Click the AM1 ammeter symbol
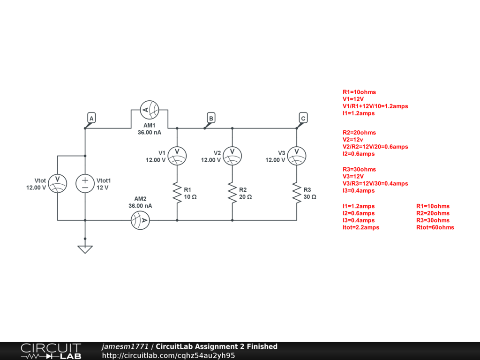[x=149, y=110]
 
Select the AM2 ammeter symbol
[x=140, y=220]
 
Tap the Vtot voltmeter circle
[x=57, y=183]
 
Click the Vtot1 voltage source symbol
[x=85, y=183]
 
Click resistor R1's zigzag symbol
[x=177, y=193]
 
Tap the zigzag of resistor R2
[x=232, y=193]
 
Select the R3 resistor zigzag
[x=296, y=193]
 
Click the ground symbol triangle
[x=85, y=249]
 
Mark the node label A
[x=91, y=119]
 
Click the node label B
[x=211, y=119]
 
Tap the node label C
[x=303, y=119]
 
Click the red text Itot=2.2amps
[x=361, y=227]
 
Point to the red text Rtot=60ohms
[x=435, y=227]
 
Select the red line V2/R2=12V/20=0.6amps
[x=375, y=147]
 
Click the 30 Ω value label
[x=309, y=197]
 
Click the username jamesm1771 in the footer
[x=125, y=347]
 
